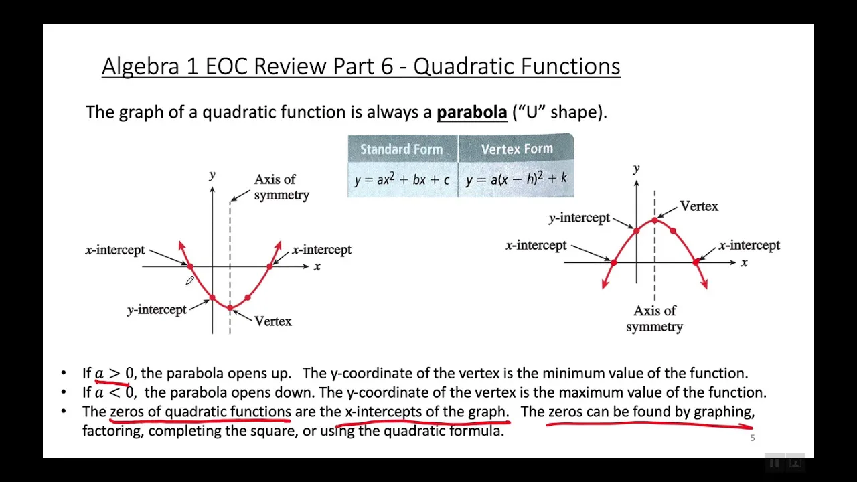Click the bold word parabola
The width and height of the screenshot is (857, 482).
point(471,112)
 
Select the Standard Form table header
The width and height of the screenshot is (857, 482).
point(401,149)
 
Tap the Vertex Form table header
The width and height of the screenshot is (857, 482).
point(516,149)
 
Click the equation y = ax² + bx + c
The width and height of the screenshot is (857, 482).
point(402,179)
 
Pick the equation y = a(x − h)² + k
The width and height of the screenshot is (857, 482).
point(516,179)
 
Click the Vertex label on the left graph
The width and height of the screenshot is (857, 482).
point(273,321)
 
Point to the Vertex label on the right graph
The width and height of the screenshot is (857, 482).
point(698,206)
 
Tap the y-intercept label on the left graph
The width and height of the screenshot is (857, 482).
point(157,310)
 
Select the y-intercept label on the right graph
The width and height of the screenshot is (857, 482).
point(579,218)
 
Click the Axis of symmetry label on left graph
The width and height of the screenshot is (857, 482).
point(281,187)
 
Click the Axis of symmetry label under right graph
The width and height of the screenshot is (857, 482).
point(654,319)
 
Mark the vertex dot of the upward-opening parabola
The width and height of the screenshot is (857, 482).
point(230,308)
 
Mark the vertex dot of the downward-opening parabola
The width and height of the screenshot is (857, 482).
point(654,220)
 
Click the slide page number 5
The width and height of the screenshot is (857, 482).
point(753,438)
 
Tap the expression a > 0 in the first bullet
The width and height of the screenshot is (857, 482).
point(114,374)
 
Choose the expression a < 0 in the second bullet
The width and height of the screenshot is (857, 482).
point(114,393)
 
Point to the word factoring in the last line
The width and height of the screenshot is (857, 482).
point(112,431)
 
